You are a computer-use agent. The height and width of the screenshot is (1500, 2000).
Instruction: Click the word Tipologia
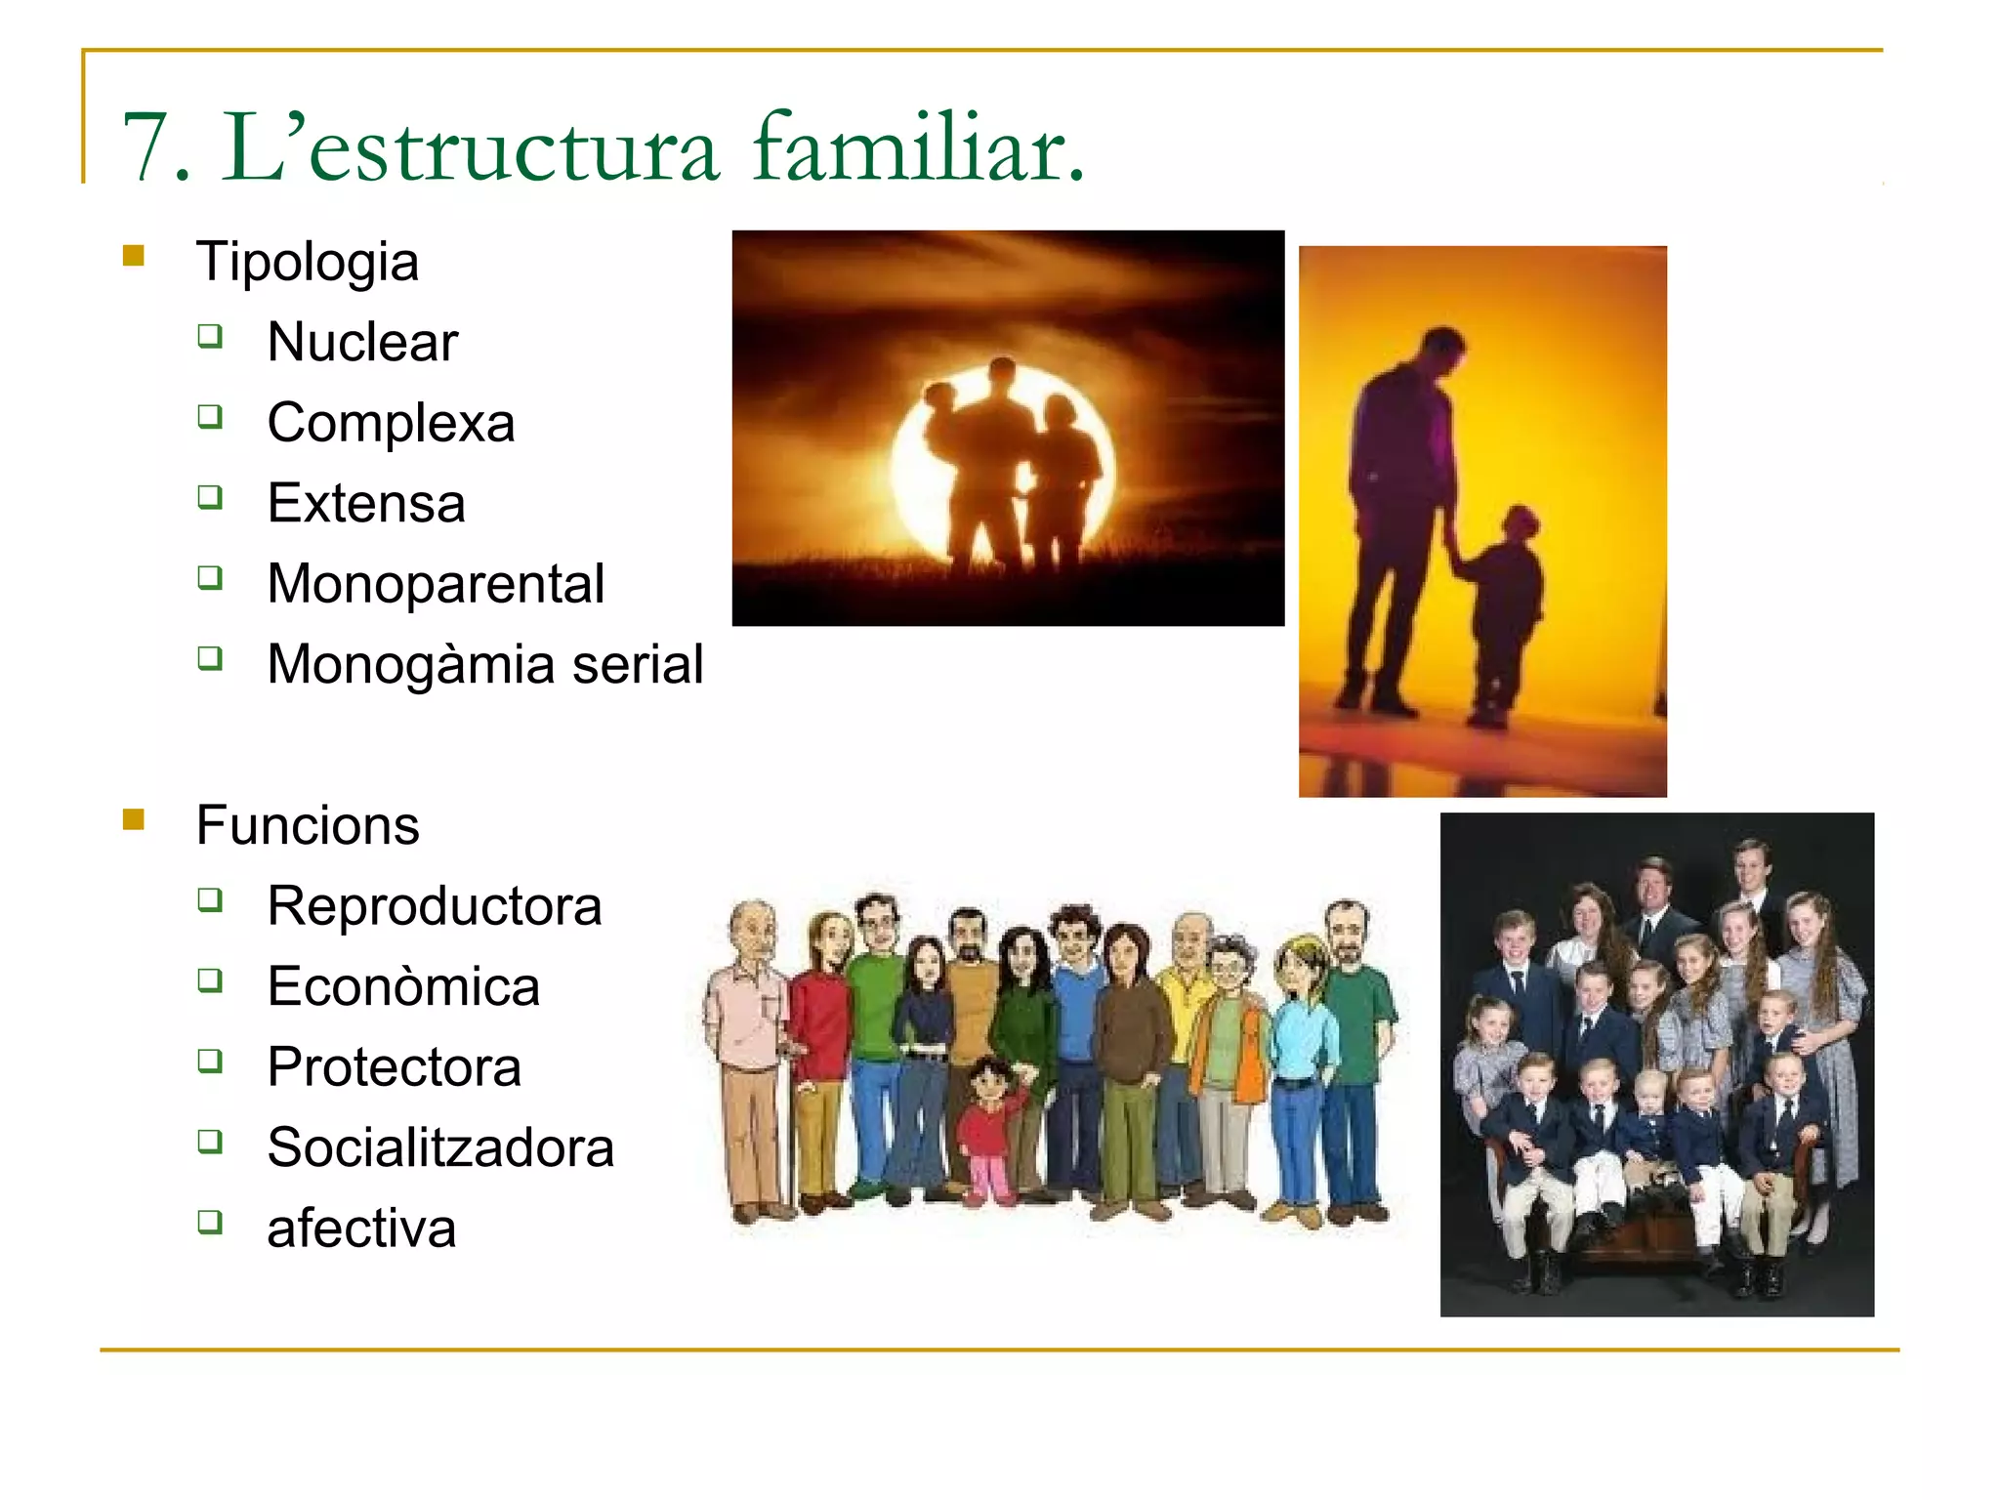click(x=308, y=262)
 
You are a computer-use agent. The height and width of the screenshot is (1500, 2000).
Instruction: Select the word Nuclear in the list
click(x=362, y=342)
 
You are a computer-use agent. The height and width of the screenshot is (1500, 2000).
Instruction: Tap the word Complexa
click(x=391, y=423)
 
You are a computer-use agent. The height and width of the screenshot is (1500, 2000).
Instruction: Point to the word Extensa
click(x=366, y=503)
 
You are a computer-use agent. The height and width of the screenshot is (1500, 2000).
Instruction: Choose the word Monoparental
click(x=436, y=584)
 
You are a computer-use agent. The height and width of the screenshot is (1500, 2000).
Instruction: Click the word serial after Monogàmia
click(x=638, y=665)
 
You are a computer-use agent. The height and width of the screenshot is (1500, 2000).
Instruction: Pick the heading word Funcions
click(x=308, y=825)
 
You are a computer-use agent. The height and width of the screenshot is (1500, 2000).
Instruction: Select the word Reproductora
click(x=435, y=906)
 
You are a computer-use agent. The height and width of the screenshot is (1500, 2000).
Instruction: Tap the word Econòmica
click(x=403, y=986)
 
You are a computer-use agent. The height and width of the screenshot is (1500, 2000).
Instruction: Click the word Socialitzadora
click(x=440, y=1147)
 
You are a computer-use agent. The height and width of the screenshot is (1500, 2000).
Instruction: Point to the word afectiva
click(x=361, y=1229)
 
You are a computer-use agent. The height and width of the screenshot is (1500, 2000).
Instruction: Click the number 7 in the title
click(x=146, y=148)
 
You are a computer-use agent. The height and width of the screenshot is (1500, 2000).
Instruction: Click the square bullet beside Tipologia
click(x=134, y=256)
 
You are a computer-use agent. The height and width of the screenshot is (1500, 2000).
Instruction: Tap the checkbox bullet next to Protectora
click(x=210, y=1060)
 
